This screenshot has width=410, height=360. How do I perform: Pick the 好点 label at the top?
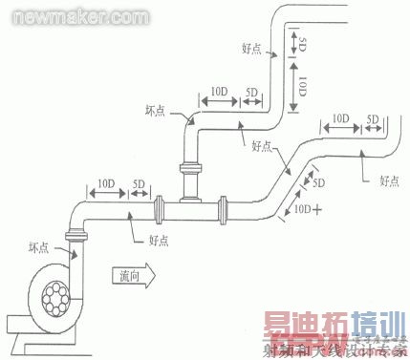(252, 48)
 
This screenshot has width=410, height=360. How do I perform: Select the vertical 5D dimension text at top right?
(302, 44)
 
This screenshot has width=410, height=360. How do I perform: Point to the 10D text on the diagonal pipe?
(303, 206)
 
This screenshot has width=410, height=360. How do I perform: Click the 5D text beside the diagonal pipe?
(319, 181)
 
